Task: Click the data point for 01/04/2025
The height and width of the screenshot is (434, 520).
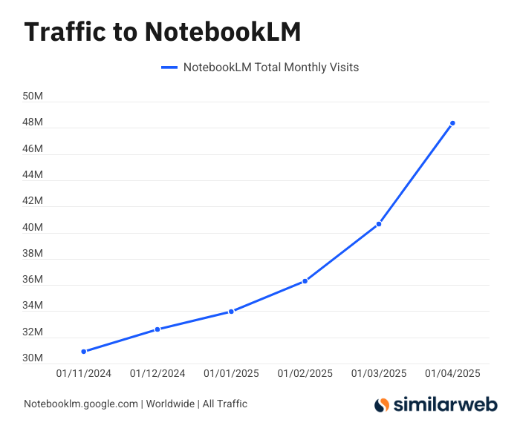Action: click(452, 123)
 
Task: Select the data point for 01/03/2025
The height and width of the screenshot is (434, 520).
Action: click(379, 224)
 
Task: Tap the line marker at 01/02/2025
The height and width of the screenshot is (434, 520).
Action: click(305, 281)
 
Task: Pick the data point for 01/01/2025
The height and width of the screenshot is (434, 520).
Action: click(231, 312)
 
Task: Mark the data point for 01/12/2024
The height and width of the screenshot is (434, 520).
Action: click(157, 329)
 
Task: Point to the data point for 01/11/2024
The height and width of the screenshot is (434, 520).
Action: click(84, 352)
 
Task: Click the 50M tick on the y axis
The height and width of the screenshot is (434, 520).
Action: click(33, 96)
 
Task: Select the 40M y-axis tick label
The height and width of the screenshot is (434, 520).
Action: click(33, 228)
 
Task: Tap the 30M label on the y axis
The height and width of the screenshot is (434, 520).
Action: click(33, 359)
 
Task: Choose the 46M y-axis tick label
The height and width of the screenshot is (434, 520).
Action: click(33, 149)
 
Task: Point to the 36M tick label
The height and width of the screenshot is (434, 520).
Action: click(33, 280)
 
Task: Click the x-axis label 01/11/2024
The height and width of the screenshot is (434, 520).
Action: click(84, 374)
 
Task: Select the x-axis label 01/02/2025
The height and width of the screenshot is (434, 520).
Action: click(305, 374)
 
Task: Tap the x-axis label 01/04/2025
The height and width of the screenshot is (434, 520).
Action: click(452, 374)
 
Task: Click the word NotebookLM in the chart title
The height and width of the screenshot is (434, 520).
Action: click(222, 32)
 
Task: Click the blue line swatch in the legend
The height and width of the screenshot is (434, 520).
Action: click(169, 68)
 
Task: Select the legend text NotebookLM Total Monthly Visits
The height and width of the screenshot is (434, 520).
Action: click(271, 68)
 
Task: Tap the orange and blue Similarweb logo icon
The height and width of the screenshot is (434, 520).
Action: click(382, 405)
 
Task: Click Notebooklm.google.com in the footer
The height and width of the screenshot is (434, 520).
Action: click(81, 404)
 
